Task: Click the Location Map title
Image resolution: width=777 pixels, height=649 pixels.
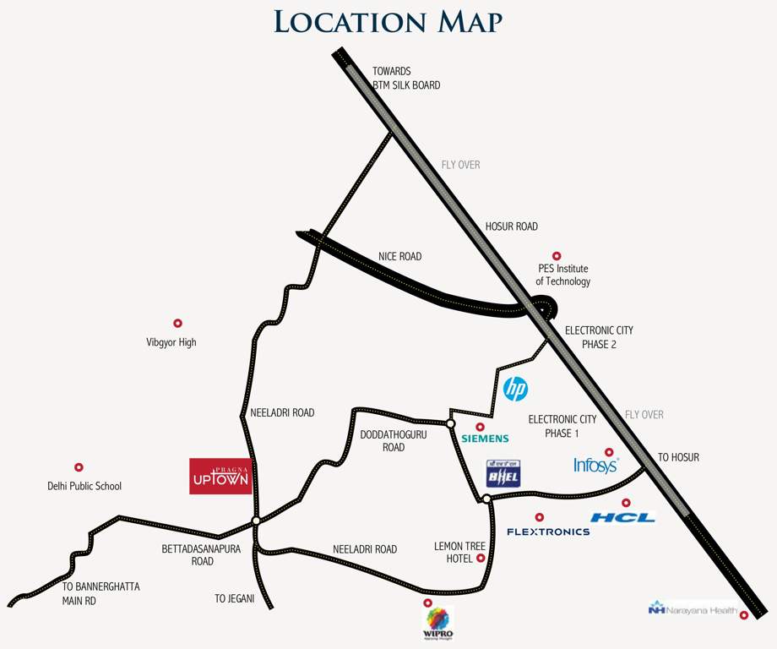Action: point(388,22)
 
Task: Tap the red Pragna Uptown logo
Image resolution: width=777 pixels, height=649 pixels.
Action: point(220,476)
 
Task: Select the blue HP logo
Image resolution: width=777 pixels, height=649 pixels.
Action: point(515,389)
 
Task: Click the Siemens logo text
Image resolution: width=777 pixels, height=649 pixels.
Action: point(485,439)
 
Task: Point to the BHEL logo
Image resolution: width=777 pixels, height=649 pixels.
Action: point(503,474)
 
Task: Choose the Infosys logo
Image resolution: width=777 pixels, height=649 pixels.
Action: point(596,465)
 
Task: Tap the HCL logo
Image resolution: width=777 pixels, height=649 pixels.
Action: point(622,517)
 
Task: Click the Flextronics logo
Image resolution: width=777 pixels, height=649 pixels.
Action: point(548,532)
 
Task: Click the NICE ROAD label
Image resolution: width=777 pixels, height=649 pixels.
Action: point(399,256)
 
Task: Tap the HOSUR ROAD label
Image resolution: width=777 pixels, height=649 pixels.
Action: point(511,226)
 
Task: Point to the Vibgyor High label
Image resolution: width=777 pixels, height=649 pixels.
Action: point(171,342)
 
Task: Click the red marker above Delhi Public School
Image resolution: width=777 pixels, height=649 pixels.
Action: point(79,467)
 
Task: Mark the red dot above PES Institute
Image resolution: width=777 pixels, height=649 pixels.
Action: point(556,255)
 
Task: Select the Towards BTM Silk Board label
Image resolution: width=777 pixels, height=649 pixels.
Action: point(406,78)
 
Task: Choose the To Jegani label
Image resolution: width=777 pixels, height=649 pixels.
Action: point(234,598)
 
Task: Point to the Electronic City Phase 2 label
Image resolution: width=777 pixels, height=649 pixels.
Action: point(599,337)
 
